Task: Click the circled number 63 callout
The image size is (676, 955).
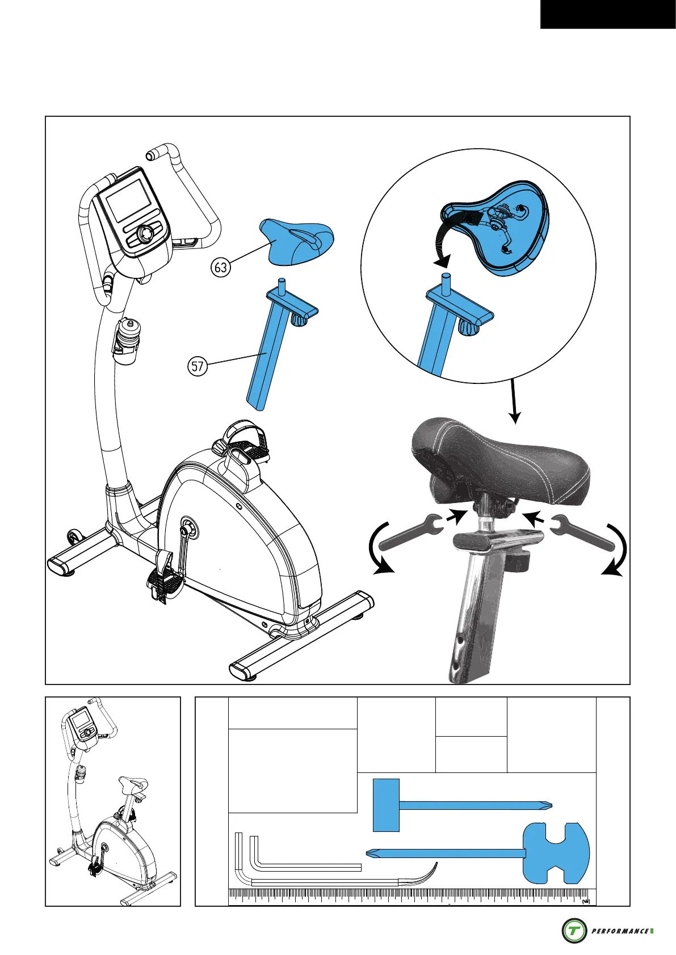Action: coord(220,267)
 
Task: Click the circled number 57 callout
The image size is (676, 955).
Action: coord(197,366)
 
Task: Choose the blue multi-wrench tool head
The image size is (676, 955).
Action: coord(556,853)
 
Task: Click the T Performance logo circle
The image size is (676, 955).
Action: coord(574,931)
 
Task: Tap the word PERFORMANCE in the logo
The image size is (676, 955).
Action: coord(620,931)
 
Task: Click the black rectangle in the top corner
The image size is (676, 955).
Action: coord(608,14)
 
